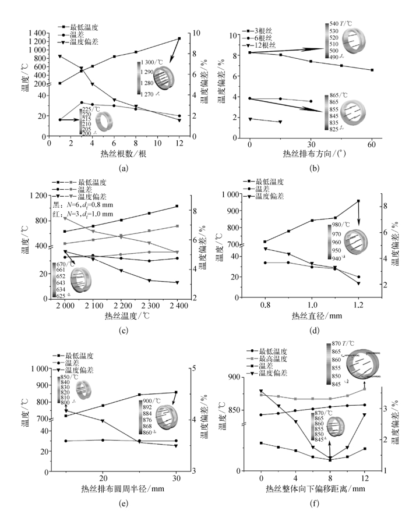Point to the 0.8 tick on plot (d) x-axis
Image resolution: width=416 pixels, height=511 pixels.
click(265, 305)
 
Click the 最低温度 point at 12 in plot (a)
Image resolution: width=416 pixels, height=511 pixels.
click(179, 38)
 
